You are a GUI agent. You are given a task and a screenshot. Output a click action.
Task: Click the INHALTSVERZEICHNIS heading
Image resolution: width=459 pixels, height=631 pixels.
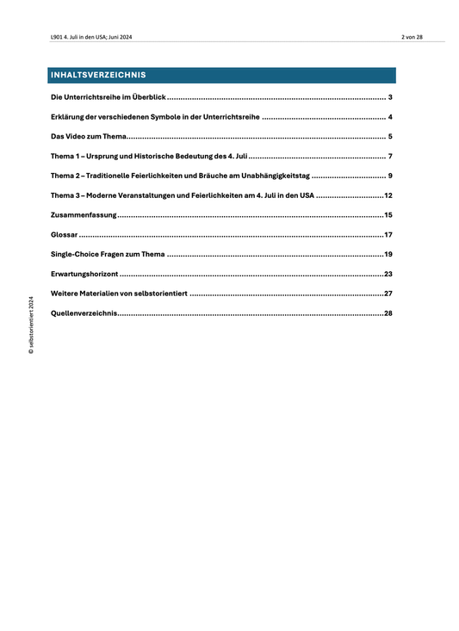97,75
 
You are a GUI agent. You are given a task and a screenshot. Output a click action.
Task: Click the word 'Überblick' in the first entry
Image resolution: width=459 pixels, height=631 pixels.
149,98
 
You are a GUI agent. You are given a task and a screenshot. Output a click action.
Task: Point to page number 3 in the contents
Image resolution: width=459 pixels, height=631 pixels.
390,98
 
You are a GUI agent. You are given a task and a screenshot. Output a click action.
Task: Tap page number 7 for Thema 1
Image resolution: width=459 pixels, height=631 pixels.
390,157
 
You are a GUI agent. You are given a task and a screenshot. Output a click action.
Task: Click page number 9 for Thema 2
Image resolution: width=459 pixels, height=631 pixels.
390,176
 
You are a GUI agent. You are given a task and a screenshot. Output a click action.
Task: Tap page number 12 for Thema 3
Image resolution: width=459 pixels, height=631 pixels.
388,195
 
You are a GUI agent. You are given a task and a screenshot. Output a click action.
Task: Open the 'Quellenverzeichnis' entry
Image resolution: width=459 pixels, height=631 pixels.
84,313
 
